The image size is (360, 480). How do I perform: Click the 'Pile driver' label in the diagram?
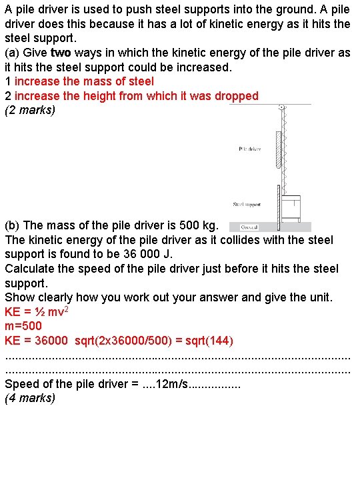point(249,149)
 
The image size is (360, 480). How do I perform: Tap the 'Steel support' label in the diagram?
point(247,205)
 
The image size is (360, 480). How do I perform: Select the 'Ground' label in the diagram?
point(250,227)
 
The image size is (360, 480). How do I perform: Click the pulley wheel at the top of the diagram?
point(282,107)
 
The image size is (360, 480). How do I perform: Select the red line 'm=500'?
point(23,326)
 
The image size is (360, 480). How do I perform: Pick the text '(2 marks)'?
point(30,111)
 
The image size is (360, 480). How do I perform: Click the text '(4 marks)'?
point(30,399)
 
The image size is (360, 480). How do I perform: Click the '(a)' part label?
point(13,53)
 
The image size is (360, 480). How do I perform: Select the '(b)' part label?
point(13,225)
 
